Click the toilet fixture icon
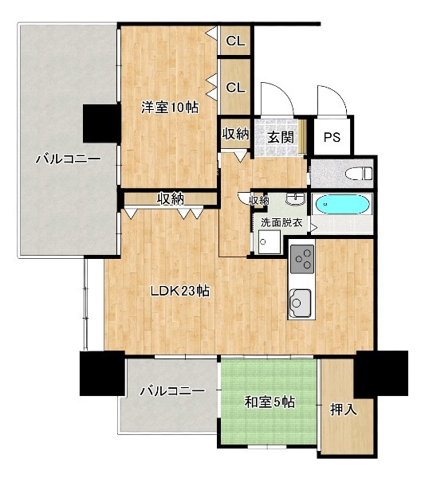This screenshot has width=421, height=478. pyautogui.click(x=359, y=174)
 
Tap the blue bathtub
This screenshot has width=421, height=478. pyautogui.click(x=343, y=204)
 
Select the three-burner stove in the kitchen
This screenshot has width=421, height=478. pyautogui.click(x=302, y=259)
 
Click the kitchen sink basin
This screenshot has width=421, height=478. pyautogui.click(x=299, y=304)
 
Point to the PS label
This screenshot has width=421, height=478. pyautogui.click(x=332, y=137)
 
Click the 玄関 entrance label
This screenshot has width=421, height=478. pyautogui.click(x=281, y=137)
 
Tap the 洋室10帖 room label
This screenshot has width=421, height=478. pyautogui.click(x=170, y=108)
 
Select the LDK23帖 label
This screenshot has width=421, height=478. pyautogui.click(x=180, y=291)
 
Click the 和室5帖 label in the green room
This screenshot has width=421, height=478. pyautogui.click(x=270, y=402)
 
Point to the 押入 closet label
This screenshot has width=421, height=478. pyautogui.click(x=344, y=409)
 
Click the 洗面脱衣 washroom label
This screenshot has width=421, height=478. pyautogui.click(x=281, y=222)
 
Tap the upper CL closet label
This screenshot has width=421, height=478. pyautogui.click(x=235, y=41)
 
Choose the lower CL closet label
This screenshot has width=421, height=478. pyautogui.click(x=235, y=88)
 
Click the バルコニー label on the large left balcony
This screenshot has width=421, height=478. pyautogui.click(x=69, y=159)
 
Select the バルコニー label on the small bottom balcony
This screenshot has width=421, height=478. pyautogui.click(x=173, y=391)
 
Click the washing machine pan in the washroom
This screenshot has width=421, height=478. pyautogui.click(x=269, y=241)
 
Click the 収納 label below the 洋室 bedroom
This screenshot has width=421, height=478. pyautogui.click(x=171, y=198)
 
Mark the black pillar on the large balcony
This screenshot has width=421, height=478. pyautogui.click(x=101, y=123)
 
